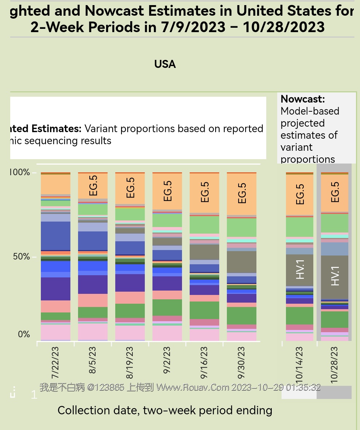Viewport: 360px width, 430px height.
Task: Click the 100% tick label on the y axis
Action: click(x=19, y=172)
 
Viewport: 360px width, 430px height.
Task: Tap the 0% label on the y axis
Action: click(x=24, y=334)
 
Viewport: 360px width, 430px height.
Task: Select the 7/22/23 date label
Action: click(x=55, y=363)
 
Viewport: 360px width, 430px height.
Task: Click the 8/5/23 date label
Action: click(x=92, y=360)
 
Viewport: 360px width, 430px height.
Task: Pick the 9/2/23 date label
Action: click(x=167, y=360)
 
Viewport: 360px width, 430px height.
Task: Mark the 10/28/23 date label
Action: click(x=334, y=365)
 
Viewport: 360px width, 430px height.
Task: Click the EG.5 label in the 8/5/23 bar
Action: click(x=93, y=185)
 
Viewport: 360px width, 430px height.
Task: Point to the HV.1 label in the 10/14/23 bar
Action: click(x=300, y=269)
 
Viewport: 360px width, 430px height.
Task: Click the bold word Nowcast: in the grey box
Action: click(x=302, y=99)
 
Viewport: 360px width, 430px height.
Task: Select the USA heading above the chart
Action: click(x=165, y=64)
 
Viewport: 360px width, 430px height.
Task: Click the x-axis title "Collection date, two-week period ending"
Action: click(x=165, y=410)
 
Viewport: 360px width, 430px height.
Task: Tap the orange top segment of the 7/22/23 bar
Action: click(x=55, y=184)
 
